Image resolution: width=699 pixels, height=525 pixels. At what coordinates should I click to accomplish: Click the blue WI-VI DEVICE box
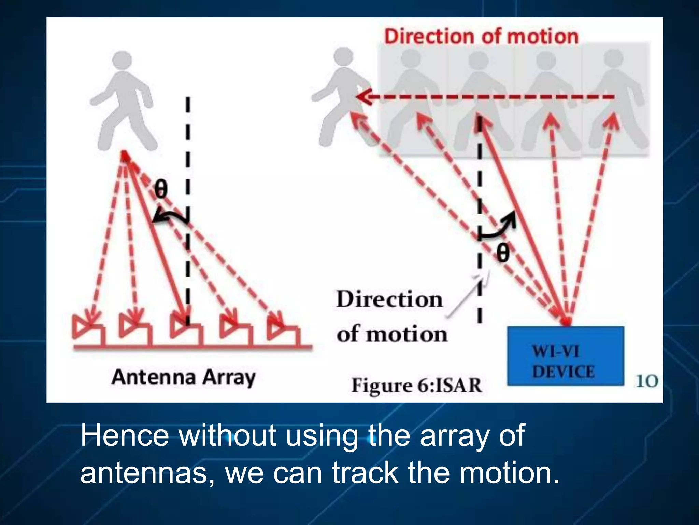coord(565,356)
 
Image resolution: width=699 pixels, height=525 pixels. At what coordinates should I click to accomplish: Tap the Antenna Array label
coord(183,378)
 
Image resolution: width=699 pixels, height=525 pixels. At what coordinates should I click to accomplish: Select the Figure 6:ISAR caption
coord(416,385)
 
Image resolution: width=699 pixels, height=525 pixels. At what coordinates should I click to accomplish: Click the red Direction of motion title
coord(481,36)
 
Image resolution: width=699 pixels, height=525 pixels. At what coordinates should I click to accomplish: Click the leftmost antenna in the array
coord(88,330)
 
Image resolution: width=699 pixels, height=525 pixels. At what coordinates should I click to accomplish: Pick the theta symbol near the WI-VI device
coord(502,253)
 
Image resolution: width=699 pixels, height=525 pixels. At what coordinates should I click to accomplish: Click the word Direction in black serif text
coord(389,299)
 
